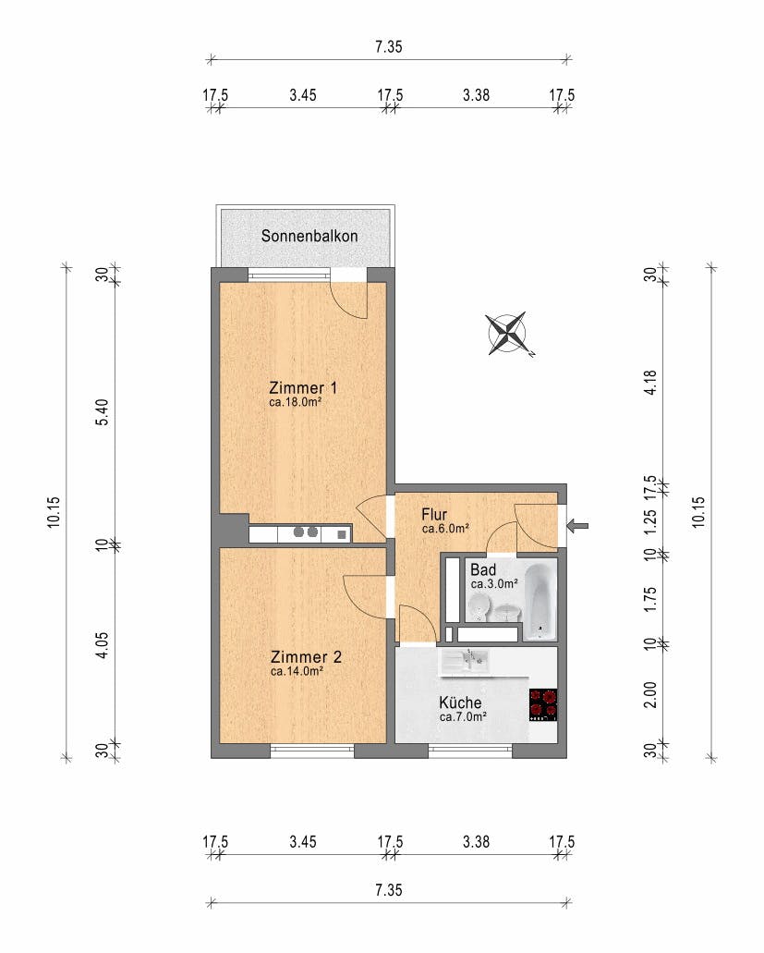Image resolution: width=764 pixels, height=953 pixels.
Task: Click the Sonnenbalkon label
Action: point(309,236)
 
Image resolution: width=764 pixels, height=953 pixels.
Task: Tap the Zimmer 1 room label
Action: point(302,388)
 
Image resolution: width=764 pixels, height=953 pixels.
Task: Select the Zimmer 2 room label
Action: point(306,657)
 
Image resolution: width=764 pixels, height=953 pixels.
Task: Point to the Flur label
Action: point(434,515)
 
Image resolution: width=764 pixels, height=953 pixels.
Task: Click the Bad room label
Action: point(483,570)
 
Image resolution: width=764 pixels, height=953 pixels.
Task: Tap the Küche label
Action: point(460,703)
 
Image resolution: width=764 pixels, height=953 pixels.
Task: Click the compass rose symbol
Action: point(508,333)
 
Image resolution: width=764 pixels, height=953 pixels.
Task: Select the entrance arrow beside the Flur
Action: point(577,526)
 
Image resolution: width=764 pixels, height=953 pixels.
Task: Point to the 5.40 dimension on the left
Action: point(103,411)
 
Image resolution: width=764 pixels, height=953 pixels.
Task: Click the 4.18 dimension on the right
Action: point(650,383)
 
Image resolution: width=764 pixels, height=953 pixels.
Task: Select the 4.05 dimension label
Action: point(103,645)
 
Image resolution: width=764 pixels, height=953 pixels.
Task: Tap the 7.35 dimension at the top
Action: point(389,47)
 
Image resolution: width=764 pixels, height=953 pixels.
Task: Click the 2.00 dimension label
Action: point(650,694)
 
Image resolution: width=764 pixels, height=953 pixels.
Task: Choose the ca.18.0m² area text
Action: point(295,402)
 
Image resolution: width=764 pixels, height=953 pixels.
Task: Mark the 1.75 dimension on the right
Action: point(650,599)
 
